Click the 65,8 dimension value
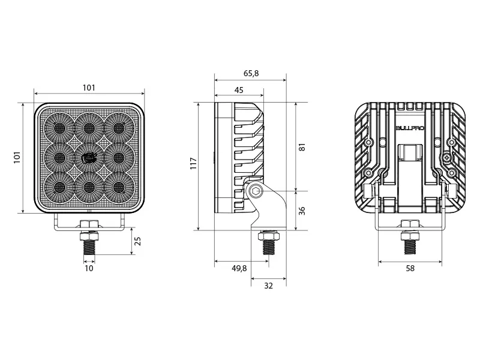[x=251, y=73]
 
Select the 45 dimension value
[x=239, y=90]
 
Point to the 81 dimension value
[x=302, y=147]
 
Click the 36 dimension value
[x=302, y=211]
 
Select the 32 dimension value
[x=268, y=286]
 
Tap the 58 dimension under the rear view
[x=410, y=268]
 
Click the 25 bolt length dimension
[x=137, y=242]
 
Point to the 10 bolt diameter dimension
[x=89, y=268]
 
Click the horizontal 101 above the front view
[x=89, y=88]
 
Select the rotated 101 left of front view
[x=17, y=157]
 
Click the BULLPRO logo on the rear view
[x=409, y=128]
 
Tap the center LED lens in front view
[x=89, y=157]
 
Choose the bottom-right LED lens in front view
[x=118, y=187]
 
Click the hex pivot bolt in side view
[x=256, y=191]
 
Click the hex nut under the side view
[x=267, y=235]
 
